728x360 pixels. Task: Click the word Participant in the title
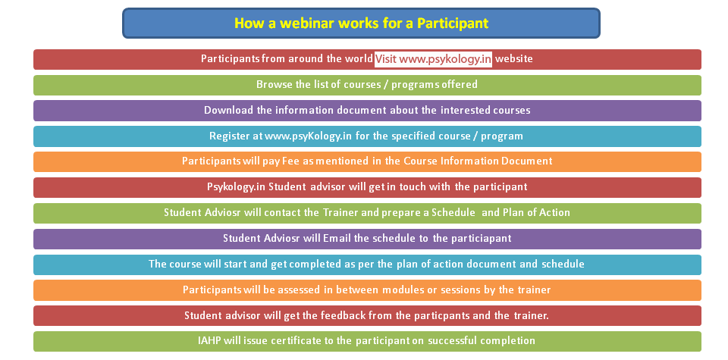point(453,23)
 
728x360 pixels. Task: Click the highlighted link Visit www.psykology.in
point(433,59)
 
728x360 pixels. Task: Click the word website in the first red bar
point(514,59)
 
